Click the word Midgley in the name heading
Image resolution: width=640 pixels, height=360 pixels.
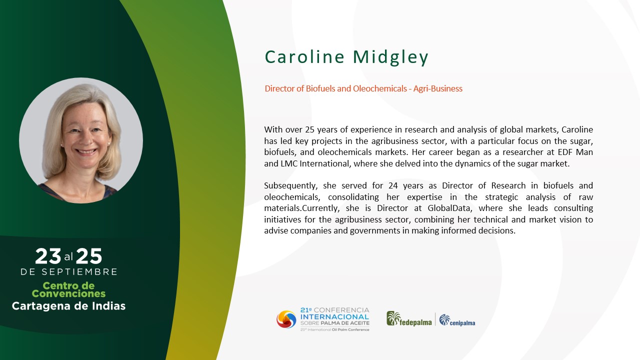[391, 57]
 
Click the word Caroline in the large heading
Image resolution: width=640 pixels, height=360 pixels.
[305, 56]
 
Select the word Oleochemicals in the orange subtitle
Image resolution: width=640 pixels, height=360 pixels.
[379, 88]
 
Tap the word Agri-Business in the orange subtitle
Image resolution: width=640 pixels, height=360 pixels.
[437, 89]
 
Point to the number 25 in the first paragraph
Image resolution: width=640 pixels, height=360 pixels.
[309, 129]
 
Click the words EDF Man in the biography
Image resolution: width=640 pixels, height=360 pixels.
[575, 152]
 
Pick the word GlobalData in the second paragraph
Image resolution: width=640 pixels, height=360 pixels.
[449, 208]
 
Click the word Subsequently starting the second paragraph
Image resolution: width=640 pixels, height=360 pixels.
[290, 186]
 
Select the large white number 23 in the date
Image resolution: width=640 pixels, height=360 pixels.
[48, 256]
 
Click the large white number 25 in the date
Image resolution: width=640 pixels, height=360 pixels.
[89, 256]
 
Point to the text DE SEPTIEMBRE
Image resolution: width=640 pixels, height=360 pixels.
[69, 271]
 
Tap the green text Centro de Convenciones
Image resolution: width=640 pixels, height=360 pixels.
[68, 289]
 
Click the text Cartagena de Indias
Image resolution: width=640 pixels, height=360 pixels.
[68, 306]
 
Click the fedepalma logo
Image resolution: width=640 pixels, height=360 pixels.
[409, 319]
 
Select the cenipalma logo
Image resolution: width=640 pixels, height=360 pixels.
[457, 320]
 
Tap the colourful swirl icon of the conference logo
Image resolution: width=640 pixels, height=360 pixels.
[286, 319]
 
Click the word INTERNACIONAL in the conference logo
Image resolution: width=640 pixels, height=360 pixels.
[334, 317]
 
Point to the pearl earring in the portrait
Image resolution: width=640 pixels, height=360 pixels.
[109, 142]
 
